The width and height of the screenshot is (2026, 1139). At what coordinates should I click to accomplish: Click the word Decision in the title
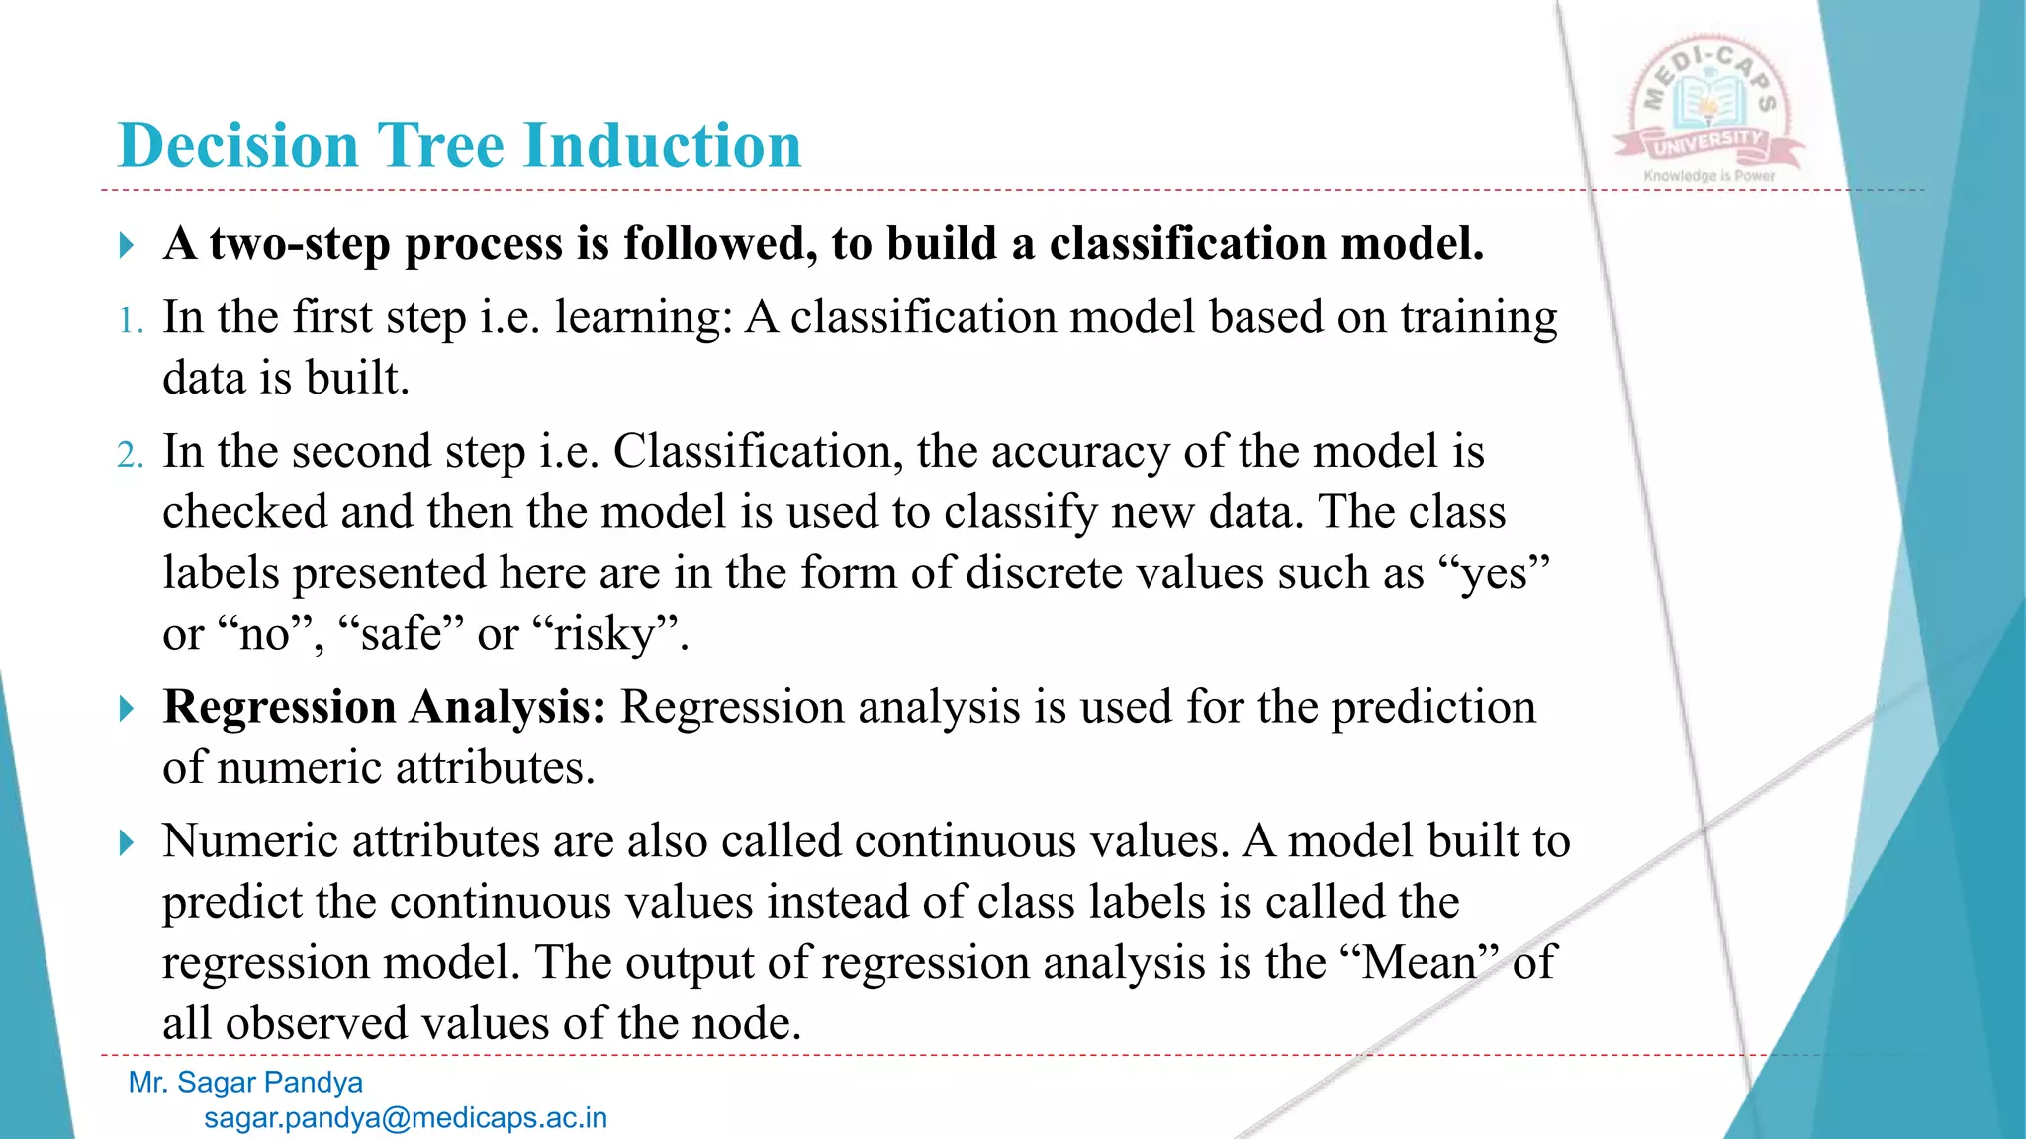tap(237, 146)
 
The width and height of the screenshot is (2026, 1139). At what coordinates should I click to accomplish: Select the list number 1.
tap(131, 321)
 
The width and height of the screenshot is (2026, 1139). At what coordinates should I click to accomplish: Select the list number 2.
tap(131, 455)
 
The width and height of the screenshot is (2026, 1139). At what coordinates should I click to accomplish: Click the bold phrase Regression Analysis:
tap(384, 707)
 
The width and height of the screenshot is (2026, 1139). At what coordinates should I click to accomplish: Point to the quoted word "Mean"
tap(1420, 962)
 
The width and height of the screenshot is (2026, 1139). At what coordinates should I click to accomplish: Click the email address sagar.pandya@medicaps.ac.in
tap(406, 1118)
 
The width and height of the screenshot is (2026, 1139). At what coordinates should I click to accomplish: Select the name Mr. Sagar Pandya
tap(245, 1083)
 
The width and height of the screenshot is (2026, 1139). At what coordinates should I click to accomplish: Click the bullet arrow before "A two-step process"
tap(127, 244)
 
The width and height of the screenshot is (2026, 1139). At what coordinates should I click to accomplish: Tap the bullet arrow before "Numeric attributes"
tap(127, 842)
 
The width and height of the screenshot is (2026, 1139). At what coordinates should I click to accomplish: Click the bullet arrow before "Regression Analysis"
tap(127, 708)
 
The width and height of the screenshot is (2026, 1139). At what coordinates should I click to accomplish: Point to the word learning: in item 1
tap(643, 319)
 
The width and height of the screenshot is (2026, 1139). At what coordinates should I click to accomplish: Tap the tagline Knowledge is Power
tap(1709, 176)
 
